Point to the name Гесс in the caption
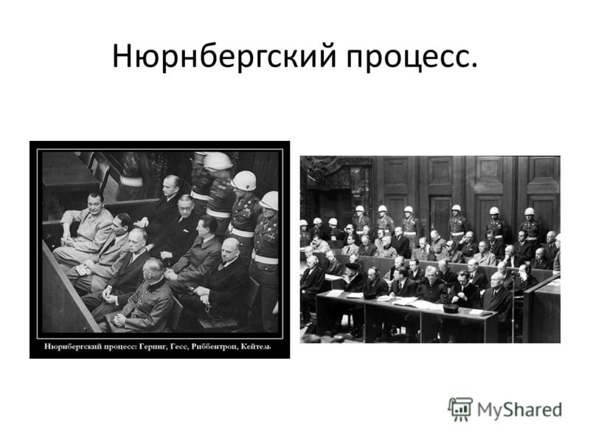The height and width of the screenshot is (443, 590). coord(178,346)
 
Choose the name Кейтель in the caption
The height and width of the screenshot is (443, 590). coord(255,346)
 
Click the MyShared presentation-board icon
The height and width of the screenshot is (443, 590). coord(459,409)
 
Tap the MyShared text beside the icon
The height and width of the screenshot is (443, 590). coord(519,410)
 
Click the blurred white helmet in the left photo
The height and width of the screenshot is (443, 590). coord(218,161)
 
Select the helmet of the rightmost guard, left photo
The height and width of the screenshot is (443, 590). coord(268,200)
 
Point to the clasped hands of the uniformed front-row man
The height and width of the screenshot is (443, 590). coord(120,320)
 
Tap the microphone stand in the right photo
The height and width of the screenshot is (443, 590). coord(513,305)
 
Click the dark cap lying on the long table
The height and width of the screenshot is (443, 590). coord(450,309)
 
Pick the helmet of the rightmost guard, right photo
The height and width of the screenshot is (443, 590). coord(530,211)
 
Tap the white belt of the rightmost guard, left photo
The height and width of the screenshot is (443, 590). coord(265,258)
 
